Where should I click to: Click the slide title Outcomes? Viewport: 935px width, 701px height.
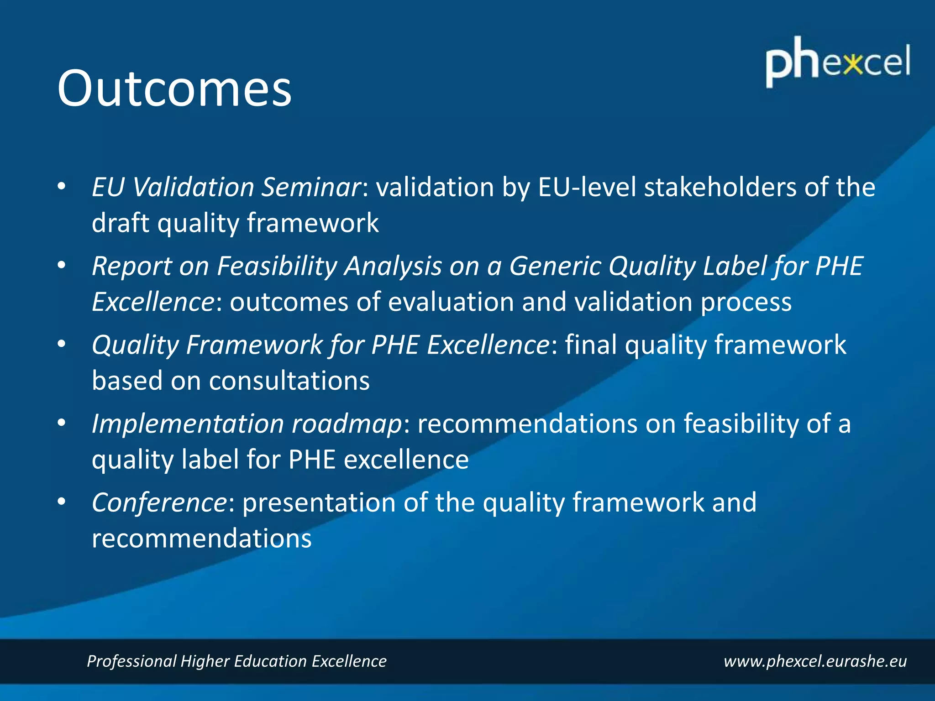174,88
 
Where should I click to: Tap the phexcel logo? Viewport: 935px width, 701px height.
838,63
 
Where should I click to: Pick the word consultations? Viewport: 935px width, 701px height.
289,381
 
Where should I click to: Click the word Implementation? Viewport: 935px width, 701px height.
188,424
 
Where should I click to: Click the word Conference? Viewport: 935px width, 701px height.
159,502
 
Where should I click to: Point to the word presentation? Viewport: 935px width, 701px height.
318,502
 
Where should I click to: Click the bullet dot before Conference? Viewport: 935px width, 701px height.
62,502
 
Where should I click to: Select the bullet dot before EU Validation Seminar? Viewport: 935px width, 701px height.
62,187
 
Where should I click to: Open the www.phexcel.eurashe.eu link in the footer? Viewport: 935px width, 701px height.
815,661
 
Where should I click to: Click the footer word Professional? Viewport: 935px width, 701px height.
131,661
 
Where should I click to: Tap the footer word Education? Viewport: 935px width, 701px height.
270,661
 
